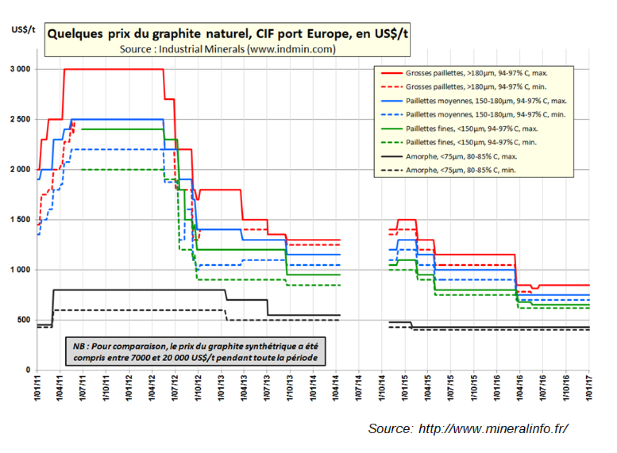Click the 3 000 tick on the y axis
[20, 69]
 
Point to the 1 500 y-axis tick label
[20, 219]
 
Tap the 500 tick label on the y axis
[24, 320]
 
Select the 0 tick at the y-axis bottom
[28, 370]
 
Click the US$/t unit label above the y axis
[23, 30]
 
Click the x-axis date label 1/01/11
[37, 388]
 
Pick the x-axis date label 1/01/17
[589, 388]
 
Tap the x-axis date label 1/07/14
[359, 388]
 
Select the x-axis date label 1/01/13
[221, 388]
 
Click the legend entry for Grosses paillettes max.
[476, 73]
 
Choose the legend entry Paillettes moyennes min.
[485, 114]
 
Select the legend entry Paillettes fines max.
[471, 129]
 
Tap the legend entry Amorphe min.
[460, 170]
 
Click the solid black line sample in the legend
[391, 157]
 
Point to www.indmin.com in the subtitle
[291, 49]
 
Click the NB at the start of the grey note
[79, 347]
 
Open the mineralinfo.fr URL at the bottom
[493, 428]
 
